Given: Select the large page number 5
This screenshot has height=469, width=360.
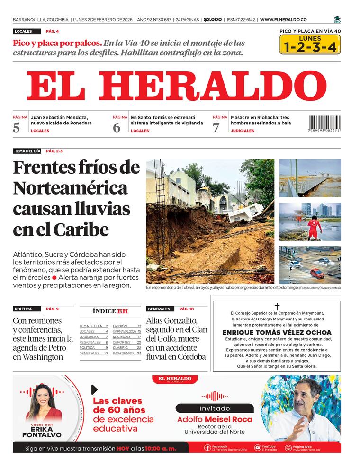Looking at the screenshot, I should coord(17,127).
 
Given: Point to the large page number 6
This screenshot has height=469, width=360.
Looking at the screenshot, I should coord(117,127).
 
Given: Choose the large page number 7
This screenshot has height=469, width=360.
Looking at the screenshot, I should coord(216,127).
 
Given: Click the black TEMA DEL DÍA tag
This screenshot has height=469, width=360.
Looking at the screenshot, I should coord(27,151).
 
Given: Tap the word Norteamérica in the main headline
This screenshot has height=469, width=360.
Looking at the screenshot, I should coord(70,188).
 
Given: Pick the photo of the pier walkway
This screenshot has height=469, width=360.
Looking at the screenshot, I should coord(310,178).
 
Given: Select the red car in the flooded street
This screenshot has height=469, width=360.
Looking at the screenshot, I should coord(317,273).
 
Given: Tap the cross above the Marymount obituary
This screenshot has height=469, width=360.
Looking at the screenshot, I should coord(277,307).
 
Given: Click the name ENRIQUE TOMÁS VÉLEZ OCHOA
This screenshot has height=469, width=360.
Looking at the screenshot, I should coord(277,333).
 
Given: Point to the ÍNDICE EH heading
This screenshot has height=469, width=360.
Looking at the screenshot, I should coord(110,311).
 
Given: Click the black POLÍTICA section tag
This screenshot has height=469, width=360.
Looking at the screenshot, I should coord(23,309).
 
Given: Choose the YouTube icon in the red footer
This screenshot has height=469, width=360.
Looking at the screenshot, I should coord(257,447).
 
